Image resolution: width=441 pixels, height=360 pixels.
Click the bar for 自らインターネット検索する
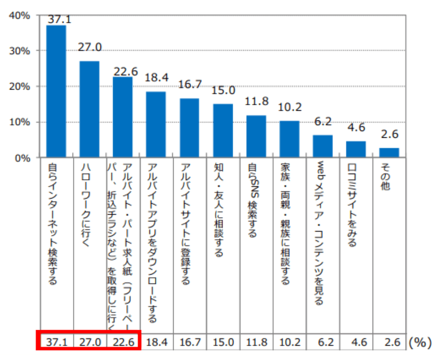[x=56, y=91]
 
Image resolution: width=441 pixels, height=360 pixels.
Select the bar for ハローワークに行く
[x=89, y=110]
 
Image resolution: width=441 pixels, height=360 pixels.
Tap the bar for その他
[x=389, y=153]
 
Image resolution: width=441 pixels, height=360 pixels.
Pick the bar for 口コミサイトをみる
[x=356, y=149]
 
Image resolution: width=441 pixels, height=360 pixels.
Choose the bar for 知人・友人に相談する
[x=223, y=131]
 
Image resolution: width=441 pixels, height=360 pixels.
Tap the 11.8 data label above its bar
[x=256, y=102]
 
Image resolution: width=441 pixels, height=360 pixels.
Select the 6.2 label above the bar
[x=323, y=122]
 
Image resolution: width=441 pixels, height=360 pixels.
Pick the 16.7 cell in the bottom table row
[x=190, y=343]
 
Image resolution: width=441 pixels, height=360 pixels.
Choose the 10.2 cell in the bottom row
[x=290, y=343]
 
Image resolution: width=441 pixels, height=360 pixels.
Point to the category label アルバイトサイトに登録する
[x=186, y=224]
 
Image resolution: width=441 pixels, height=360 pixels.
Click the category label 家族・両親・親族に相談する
[x=285, y=224]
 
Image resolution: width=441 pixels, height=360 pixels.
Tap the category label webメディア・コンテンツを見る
[x=319, y=233]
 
